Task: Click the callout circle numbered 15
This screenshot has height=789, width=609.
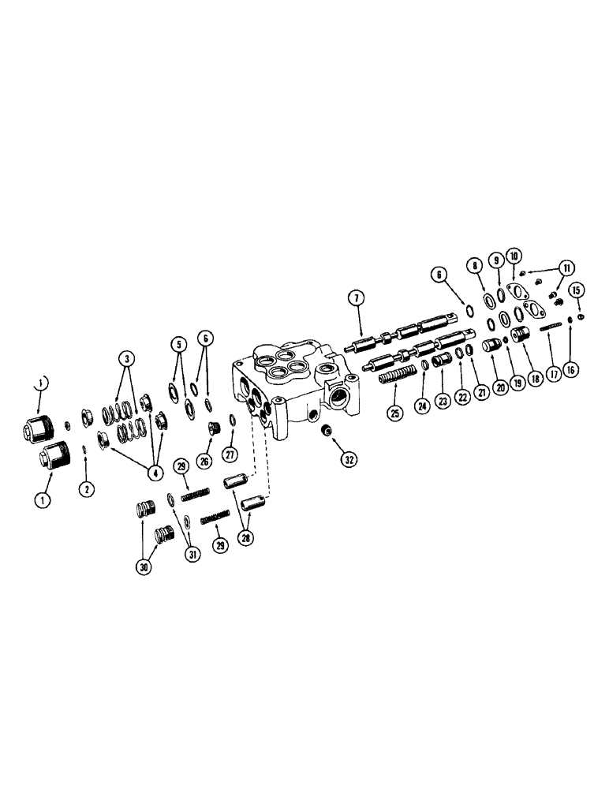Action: point(577,289)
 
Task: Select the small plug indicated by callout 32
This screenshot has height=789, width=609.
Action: point(323,430)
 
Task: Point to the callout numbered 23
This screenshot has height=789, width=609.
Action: point(442,400)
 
